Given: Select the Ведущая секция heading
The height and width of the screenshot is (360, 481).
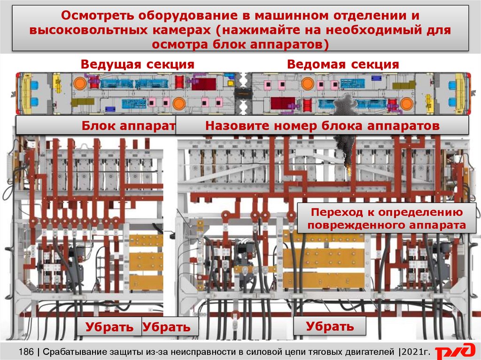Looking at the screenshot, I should click(x=137, y=64).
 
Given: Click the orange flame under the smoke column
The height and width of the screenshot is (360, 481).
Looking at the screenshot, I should click(x=349, y=170).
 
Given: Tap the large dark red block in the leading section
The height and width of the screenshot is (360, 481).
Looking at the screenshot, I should click(x=203, y=84).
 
